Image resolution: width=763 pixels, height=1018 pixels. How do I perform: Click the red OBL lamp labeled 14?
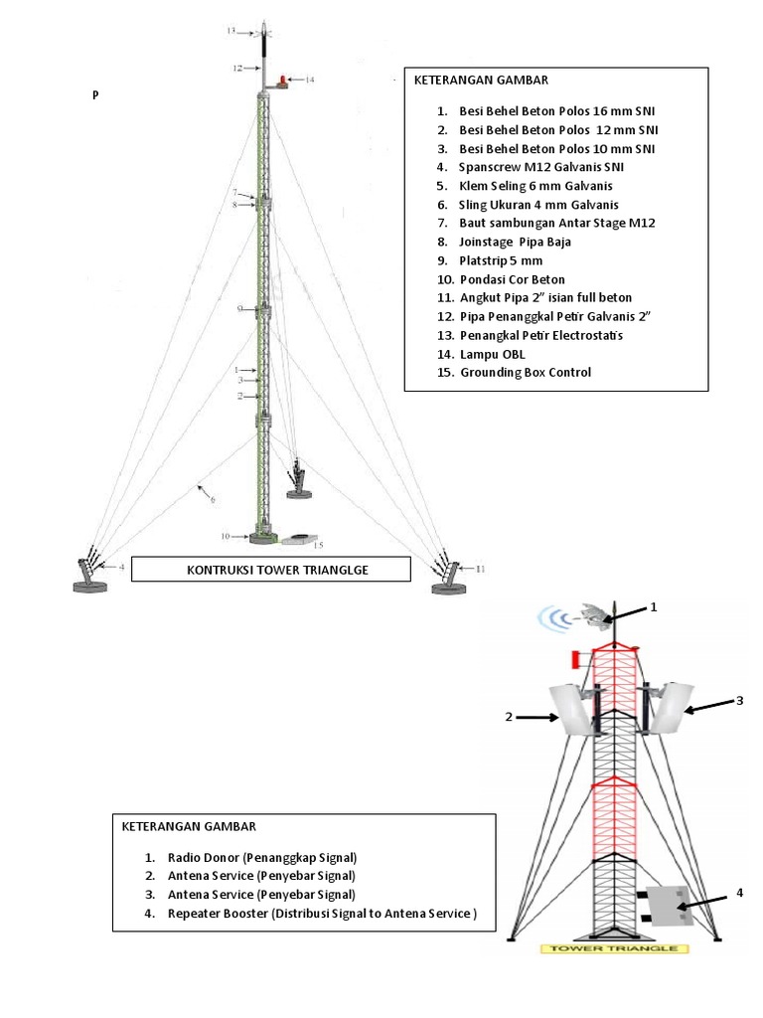pyautogui.click(x=285, y=81)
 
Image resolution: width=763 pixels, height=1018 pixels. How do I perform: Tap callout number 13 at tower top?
pyautogui.click(x=230, y=32)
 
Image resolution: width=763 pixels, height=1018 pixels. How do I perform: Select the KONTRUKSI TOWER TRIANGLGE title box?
pyautogui.click(x=270, y=569)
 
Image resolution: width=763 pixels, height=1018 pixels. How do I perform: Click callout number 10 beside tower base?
pyautogui.click(x=226, y=536)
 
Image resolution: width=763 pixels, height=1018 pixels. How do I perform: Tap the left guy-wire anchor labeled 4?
pyautogui.click(x=90, y=574)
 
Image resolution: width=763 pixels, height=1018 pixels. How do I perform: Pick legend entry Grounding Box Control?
pyautogui.click(x=526, y=373)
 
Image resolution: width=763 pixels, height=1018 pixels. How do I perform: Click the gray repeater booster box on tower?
pyautogui.click(x=667, y=907)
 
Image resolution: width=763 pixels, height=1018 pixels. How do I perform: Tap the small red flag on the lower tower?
pyautogui.click(x=575, y=659)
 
